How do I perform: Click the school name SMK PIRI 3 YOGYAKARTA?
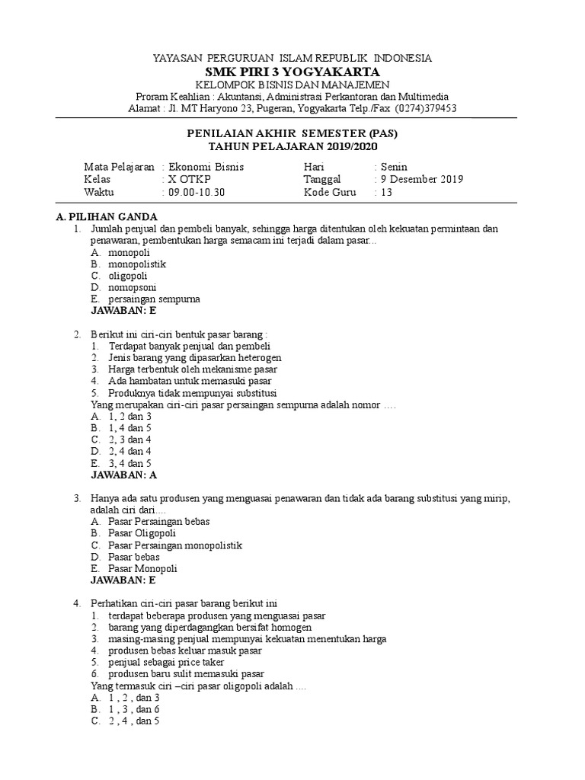292,71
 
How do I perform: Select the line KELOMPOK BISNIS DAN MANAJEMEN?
292,84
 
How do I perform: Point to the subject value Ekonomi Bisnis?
206,167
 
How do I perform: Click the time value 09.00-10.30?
197,193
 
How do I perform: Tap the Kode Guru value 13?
386,193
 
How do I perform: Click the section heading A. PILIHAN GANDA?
107,216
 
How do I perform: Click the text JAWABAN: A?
123,475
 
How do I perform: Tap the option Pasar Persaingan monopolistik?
175,545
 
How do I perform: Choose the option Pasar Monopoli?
142,568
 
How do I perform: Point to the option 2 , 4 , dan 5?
133,721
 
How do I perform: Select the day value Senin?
395,167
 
